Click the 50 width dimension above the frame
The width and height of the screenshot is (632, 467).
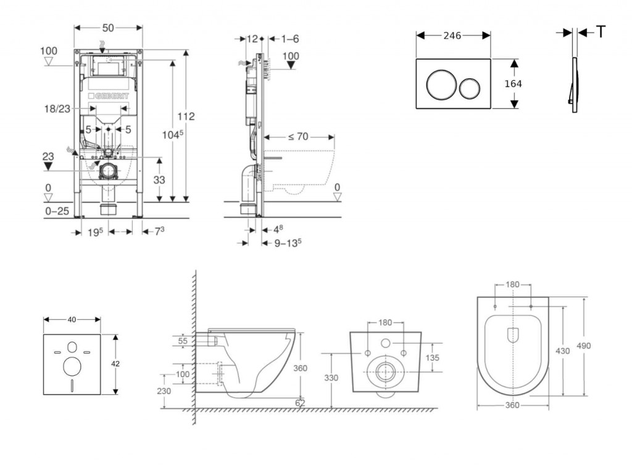(108, 28)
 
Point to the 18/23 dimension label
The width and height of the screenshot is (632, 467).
(57, 108)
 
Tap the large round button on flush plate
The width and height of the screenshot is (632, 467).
(441, 84)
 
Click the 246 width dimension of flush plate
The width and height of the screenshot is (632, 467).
(452, 36)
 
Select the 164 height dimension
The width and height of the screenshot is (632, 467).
(513, 84)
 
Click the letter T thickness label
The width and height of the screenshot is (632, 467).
(601, 33)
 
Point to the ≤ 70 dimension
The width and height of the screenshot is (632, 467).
(298, 137)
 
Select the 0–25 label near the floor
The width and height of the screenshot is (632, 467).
(56, 211)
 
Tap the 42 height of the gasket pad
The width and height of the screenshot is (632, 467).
(115, 363)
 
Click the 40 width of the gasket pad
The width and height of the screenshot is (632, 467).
(72, 319)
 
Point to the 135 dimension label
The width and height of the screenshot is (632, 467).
(433, 357)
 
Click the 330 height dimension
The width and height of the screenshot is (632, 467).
(331, 378)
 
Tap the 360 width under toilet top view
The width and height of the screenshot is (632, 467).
(512, 405)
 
